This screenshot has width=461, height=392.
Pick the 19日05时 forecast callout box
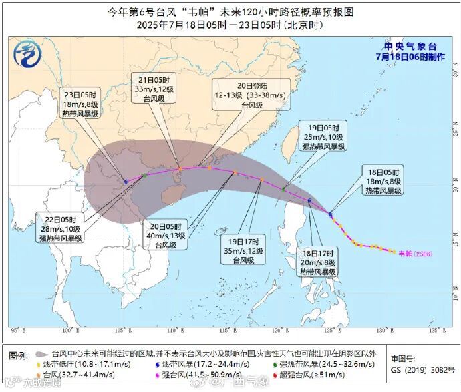tap(323, 136)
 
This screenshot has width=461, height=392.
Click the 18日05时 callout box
tap(383, 180)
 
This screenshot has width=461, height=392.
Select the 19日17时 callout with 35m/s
tap(245, 250)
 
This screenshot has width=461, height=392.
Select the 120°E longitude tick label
tap(279, 329)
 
